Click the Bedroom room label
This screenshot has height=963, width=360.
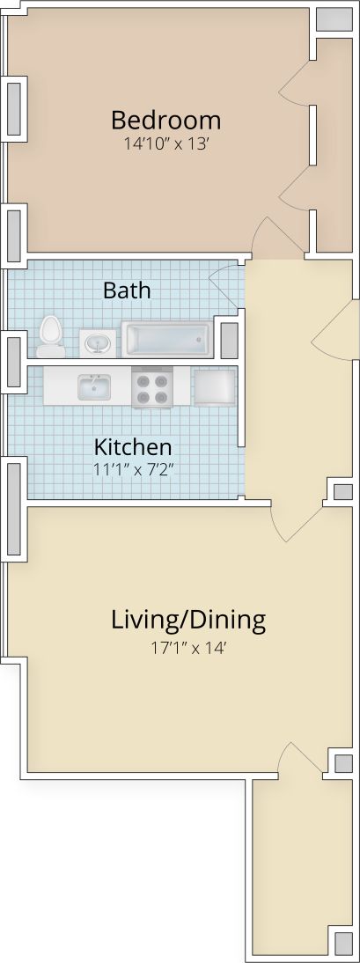pos(165,120)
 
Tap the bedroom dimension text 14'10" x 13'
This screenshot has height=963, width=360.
pos(165,143)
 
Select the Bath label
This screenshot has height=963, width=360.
pos(127,290)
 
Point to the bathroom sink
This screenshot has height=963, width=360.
pos(96,342)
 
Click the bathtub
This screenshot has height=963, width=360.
pos(166,339)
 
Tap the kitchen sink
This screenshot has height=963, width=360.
pos(92,386)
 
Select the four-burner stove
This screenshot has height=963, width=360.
pos(151,387)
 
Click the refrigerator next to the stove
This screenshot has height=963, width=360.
pos(214,386)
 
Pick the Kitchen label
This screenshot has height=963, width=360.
pos(133,446)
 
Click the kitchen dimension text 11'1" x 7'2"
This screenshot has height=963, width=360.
pos(133,468)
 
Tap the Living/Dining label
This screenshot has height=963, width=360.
pos(188,620)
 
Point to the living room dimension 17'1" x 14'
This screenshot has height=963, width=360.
pos(188,651)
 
